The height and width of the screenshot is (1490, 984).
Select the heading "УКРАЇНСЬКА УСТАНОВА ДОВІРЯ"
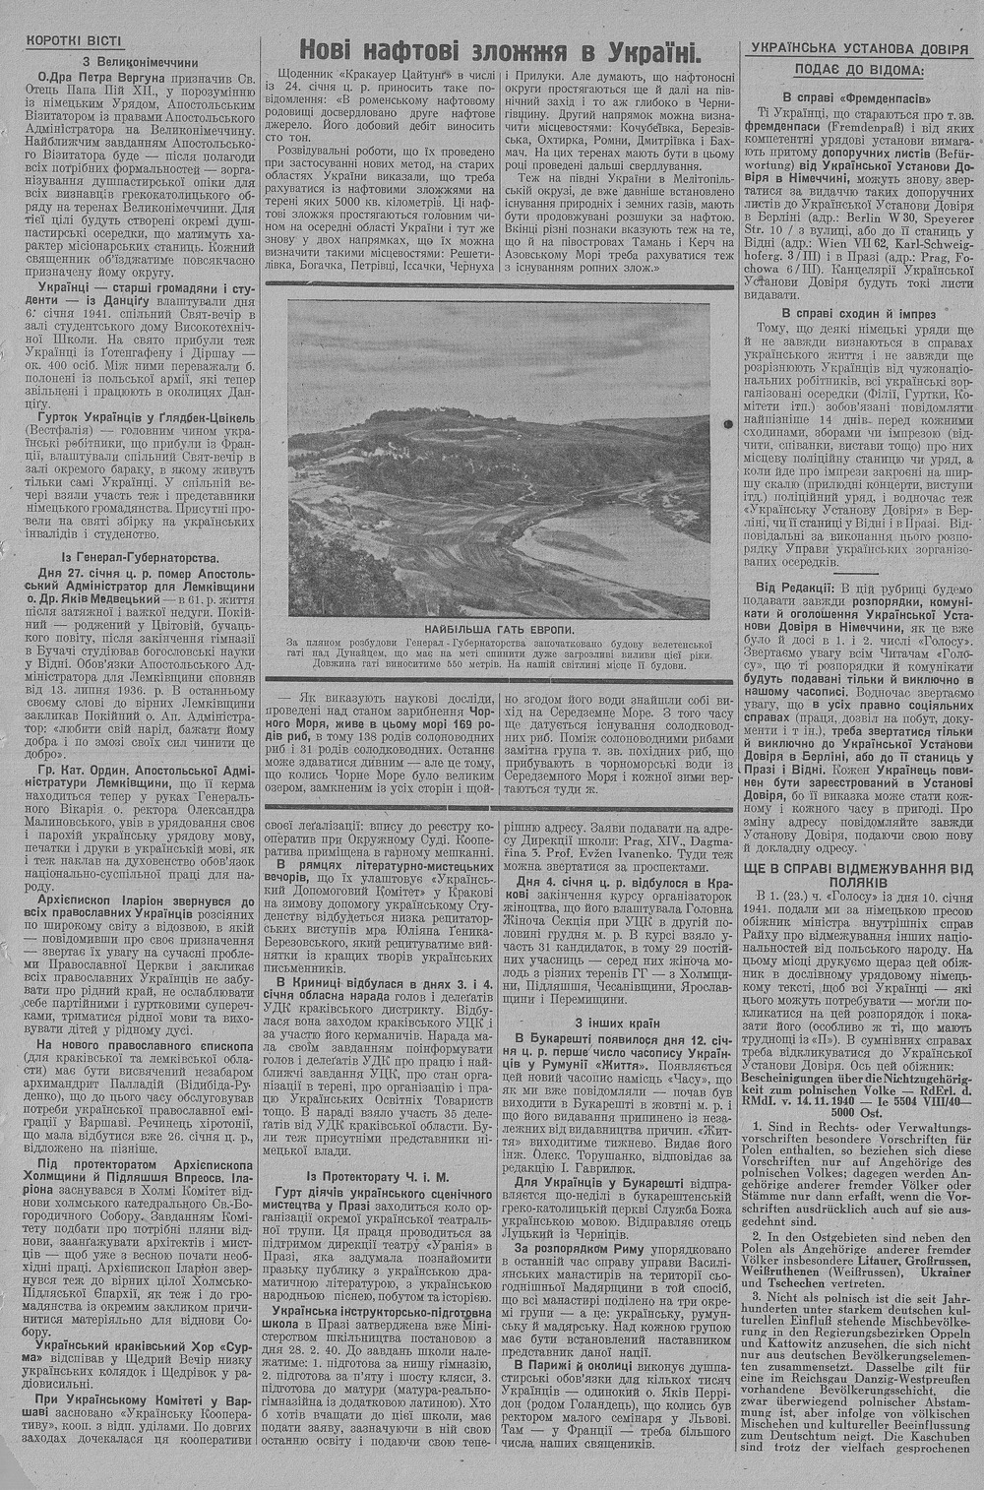point(859,47)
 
